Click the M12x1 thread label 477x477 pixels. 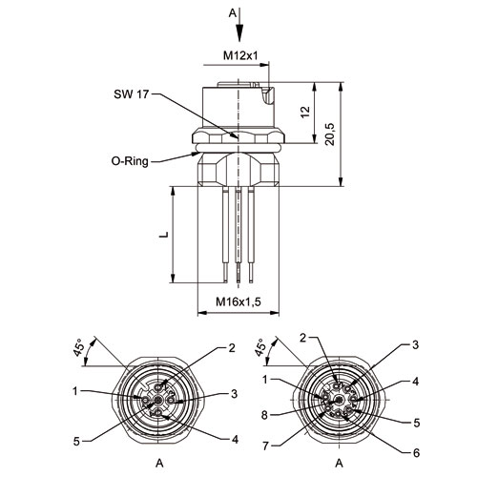click(x=240, y=55)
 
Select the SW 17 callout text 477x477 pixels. click(x=131, y=94)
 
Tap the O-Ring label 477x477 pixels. click(x=130, y=161)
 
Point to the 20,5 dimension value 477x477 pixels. click(x=330, y=134)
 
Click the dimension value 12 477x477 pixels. click(x=305, y=112)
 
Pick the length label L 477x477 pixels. click(x=164, y=235)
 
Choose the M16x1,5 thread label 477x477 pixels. click(x=238, y=301)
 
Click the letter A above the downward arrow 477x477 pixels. click(x=233, y=13)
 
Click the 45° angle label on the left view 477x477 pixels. click(x=79, y=348)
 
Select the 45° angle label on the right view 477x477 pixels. click(x=260, y=347)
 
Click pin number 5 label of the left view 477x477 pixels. click(x=76, y=442)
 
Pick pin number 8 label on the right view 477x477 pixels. click(x=264, y=415)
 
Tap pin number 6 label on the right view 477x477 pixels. click(x=417, y=452)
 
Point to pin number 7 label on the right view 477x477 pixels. click(x=266, y=446)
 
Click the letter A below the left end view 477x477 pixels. click(x=159, y=464)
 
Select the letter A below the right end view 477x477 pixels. click(x=340, y=464)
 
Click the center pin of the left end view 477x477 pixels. click(x=157, y=401)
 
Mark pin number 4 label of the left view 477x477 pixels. click(x=235, y=440)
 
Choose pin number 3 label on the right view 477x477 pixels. click(x=415, y=345)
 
